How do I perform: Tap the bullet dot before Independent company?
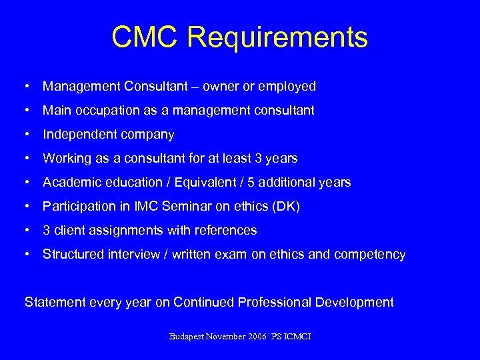tap(25, 135)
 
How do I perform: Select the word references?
tap(225, 231)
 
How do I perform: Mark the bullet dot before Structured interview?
tap(25, 254)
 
